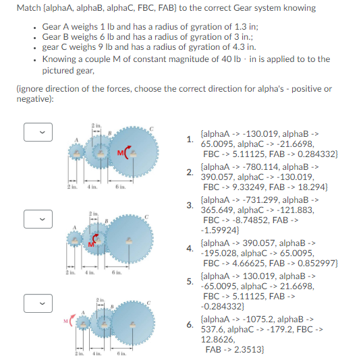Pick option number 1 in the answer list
point(190,140)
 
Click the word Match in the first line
point(28,8)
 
